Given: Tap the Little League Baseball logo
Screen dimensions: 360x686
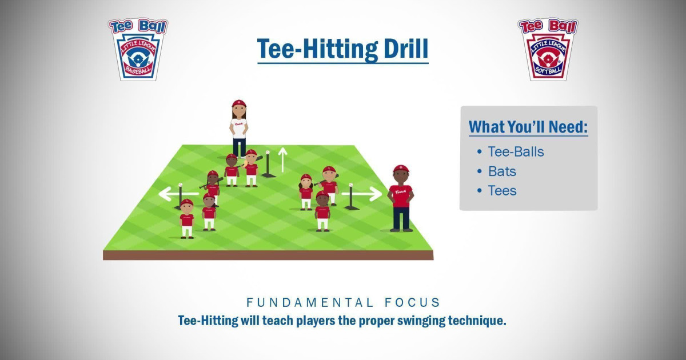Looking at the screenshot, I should click(x=138, y=49).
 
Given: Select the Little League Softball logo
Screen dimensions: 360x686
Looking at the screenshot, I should click(x=548, y=49).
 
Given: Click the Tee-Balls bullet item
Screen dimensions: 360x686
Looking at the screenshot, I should click(x=515, y=152).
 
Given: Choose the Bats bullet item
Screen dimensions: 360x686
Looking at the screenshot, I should click(x=502, y=171).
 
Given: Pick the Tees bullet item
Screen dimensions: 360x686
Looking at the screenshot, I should click(x=502, y=191).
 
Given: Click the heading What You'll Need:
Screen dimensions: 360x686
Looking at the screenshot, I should click(x=528, y=127).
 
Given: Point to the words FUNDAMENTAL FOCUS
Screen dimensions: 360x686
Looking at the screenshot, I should click(x=343, y=302).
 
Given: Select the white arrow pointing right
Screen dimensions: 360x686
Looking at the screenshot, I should click(x=366, y=194).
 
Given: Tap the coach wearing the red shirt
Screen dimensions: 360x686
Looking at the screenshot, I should click(x=401, y=198).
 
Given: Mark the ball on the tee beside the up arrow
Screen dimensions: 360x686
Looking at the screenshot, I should click(x=267, y=153).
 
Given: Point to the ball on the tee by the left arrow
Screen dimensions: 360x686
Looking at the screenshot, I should click(x=181, y=185).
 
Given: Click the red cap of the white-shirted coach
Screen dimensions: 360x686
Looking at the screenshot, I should click(x=239, y=103).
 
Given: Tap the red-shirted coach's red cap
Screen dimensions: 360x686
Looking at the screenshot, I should click(x=401, y=169).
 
